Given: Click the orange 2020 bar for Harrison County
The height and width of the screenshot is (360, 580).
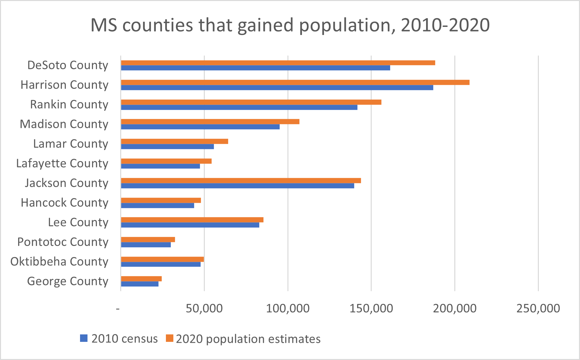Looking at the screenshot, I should [295, 82].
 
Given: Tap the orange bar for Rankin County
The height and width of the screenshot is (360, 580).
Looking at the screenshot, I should [251, 102].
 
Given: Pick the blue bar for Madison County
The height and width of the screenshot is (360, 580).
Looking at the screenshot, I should [200, 127].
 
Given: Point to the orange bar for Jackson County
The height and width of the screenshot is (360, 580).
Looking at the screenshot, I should [241, 180].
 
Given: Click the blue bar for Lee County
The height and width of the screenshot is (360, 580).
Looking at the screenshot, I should [190, 225].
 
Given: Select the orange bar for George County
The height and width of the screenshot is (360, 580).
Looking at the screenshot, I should [141, 279].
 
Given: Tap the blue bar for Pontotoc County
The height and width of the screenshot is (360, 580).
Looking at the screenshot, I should [146, 245].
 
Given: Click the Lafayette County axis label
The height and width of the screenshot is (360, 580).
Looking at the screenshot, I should [62, 163].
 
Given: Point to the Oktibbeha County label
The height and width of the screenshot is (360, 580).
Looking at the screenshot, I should [59, 261].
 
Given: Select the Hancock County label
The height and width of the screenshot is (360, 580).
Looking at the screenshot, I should [64, 203].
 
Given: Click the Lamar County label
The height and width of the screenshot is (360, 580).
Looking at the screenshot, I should [71, 144].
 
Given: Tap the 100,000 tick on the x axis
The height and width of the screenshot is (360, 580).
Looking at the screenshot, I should [288, 308].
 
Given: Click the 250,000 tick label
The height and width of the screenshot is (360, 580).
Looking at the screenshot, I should [538, 308].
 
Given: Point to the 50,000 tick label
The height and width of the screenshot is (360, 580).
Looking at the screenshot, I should [204, 308].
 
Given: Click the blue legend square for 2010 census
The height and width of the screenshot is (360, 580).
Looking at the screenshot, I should [84, 338].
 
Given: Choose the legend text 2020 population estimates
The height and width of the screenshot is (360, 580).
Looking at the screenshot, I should [248, 339].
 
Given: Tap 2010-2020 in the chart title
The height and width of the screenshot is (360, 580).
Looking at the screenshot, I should [445, 25].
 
